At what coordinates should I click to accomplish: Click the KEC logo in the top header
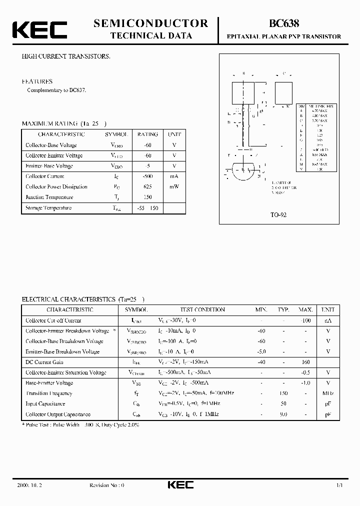(x=39, y=30)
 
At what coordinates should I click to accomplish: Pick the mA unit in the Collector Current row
(x=174, y=176)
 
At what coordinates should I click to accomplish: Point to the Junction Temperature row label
(x=49, y=197)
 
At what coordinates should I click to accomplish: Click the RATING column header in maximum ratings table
(x=147, y=134)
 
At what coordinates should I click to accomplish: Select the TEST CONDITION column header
(x=195, y=309)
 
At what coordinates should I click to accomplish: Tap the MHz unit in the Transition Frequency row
(x=328, y=393)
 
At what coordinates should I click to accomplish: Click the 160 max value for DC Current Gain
(x=305, y=362)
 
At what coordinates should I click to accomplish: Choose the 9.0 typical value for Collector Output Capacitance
(x=283, y=414)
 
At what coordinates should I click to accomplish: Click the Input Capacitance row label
(x=45, y=403)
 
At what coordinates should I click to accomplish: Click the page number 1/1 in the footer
(x=339, y=485)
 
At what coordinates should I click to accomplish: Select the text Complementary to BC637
(x=56, y=90)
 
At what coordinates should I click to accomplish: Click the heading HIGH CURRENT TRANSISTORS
(x=65, y=56)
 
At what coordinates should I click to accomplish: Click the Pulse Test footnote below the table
(x=80, y=424)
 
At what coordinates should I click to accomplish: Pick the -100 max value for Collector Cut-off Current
(x=305, y=320)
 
